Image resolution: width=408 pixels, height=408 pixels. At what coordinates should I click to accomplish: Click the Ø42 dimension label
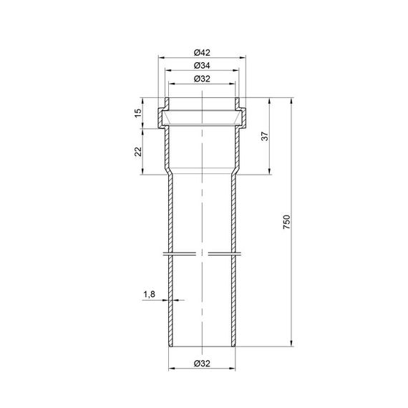tap(202, 52)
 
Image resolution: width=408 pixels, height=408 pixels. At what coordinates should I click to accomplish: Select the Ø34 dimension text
tap(202, 66)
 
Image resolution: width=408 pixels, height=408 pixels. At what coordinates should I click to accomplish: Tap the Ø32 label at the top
tap(202, 79)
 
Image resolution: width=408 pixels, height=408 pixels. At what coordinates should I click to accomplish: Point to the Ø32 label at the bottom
tap(202, 363)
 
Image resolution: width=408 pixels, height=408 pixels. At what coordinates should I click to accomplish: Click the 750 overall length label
tap(286, 222)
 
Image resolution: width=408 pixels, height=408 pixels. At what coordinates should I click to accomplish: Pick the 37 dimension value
tap(265, 136)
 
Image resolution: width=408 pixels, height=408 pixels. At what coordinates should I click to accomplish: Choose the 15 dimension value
tap(138, 113)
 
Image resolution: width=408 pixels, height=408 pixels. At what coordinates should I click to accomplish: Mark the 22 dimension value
tap(138, 152)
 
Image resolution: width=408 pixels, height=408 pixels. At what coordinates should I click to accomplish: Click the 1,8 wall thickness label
tap(150, 294)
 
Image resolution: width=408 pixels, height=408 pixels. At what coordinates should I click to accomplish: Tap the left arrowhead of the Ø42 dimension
tap(161, 57)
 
